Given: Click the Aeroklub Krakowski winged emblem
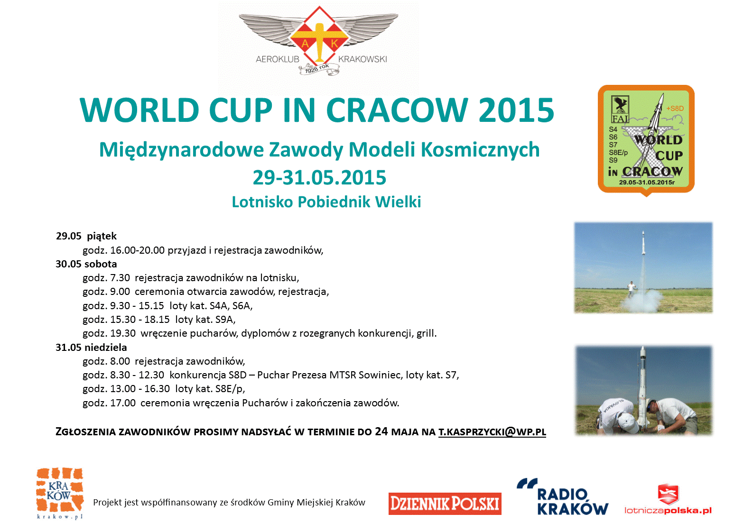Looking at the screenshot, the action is coord(318,40).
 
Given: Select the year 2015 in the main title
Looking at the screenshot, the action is coord(516,110).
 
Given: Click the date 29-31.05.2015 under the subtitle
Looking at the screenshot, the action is coord(319,177).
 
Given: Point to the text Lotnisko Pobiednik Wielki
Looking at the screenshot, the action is coord(326,202).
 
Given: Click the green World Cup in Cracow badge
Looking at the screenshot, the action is coord(646,140).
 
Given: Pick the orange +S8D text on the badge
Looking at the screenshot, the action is coord(675,109).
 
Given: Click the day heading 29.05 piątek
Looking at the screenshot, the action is coord(86,236).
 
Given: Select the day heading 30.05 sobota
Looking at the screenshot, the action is coord(86,264).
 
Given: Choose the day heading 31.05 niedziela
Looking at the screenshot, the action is coord(91,347).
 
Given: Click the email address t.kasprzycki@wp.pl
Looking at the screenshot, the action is coord(492,432).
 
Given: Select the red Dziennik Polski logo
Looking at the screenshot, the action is coord(445,504).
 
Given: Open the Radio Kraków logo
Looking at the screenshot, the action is coord(562,497).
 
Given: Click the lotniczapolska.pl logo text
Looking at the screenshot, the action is coord(668,511).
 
